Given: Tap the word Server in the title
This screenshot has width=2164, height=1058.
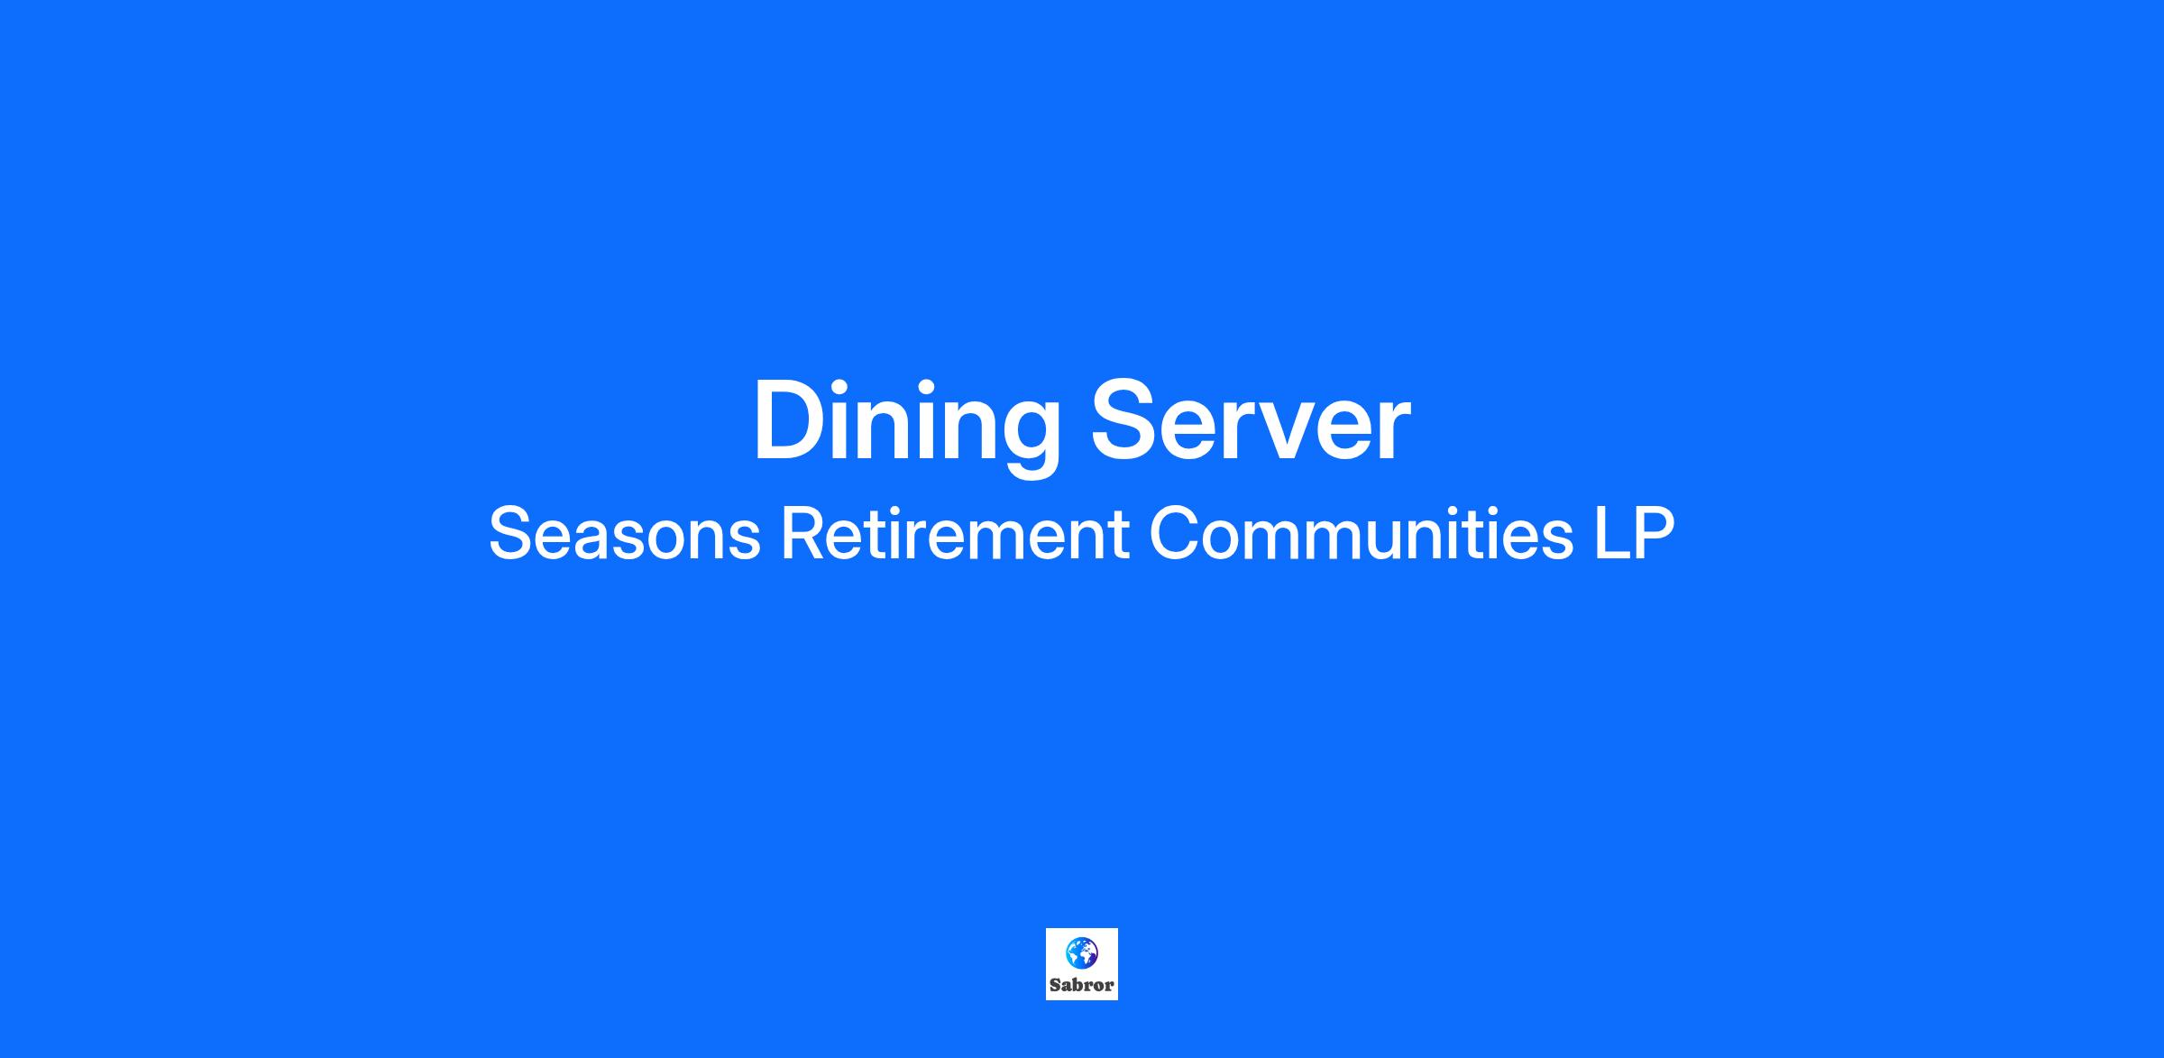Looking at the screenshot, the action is pyautogui.click(x=1251, y=420).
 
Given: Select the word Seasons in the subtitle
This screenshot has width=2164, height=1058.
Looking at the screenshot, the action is pyautogui.click(x=624, y=534).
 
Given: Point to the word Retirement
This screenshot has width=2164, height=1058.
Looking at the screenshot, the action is pyautogui.click(x=954, y=534).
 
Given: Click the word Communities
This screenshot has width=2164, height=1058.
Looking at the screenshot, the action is pyautogui.click(x=1362, y=534).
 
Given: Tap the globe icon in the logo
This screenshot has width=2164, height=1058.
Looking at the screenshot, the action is pyautogui.click(x=1081, y=952).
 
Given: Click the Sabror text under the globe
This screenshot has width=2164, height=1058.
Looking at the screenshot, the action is pyautogui.click(x=1081, y=985).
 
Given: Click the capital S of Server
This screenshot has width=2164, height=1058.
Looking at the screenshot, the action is pyautogui.click(x=1125, y=420).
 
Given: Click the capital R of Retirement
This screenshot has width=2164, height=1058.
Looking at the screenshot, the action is pyautogui.click(x=802, y=534).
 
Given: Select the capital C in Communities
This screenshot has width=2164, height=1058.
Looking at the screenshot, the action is pyautogui.click(x=1173, y=534).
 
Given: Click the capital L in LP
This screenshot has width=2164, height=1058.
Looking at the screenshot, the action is pyautogui.click(x=1611, y=534).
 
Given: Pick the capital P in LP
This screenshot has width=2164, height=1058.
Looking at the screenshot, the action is pyautogui.click(x=1655, y=534).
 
